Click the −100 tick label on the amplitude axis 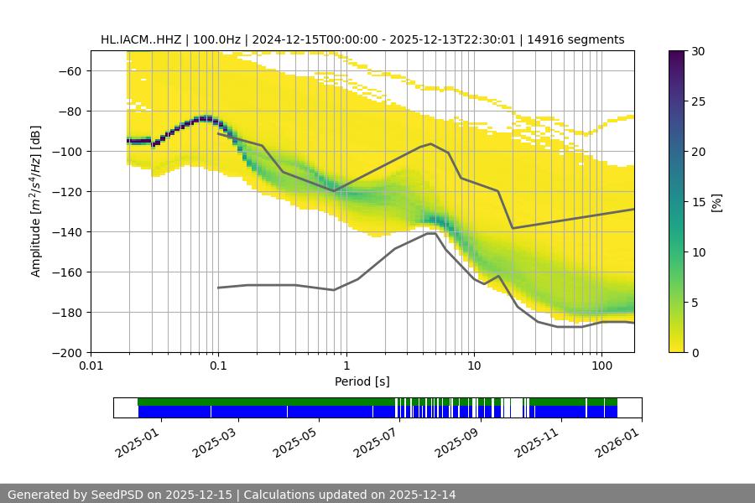pos(68,151)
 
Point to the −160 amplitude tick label pos(68,272)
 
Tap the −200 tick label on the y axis pos(68,352)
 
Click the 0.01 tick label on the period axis pos(91,366)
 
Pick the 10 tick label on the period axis pos(474,366)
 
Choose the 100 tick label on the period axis pos(601,366)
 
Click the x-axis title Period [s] pos(362,381)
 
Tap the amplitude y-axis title pos(36,201)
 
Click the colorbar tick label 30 pos(697,51)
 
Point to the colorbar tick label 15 pos(697,202)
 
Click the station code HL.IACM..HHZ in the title pos(139,39)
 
